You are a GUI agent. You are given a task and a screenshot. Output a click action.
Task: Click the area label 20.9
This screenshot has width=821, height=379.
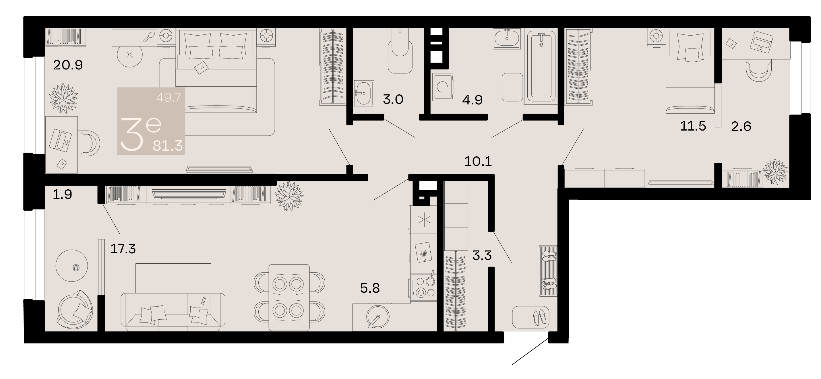point(68,65)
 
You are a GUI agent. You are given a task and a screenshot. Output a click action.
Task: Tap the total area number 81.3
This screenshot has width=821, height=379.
point(168,146)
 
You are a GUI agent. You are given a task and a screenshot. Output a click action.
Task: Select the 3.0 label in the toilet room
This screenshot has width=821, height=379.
point(393,100)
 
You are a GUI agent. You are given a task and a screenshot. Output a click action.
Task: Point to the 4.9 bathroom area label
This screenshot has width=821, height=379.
point(472,100)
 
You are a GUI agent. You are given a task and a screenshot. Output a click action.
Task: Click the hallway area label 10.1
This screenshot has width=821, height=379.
point(478,162)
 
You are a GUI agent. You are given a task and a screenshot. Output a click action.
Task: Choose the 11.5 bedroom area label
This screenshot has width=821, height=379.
point(693,127)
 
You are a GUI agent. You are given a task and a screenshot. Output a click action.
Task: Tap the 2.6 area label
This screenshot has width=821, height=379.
point(741,127)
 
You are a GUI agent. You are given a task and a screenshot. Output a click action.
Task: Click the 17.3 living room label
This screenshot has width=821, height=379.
point(123,249)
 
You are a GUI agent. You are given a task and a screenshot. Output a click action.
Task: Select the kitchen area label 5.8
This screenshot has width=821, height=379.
point(370,288)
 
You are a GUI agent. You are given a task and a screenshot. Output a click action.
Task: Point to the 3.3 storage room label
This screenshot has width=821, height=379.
point(482,255)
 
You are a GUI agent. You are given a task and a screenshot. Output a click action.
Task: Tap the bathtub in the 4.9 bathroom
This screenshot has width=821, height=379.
point(541,67)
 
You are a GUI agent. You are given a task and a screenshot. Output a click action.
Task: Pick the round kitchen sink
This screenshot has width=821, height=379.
point(378,317)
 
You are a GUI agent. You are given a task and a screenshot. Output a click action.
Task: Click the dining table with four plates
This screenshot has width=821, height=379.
point(289,298)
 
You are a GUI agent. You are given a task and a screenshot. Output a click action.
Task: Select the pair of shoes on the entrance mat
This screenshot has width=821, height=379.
point(540,317)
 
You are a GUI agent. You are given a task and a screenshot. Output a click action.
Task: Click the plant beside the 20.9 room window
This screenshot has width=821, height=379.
point(63,98)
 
